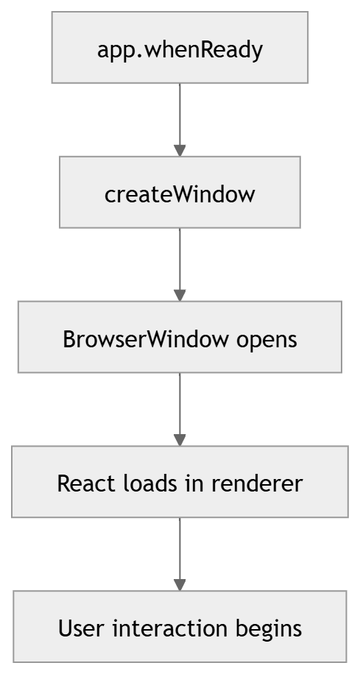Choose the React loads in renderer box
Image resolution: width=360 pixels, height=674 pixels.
tap(180, 483)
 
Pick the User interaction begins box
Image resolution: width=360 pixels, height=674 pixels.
tap(180, 628)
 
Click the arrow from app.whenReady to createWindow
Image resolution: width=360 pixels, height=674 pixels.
tap(180, 118)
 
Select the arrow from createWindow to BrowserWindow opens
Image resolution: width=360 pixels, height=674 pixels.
tap(180, 263)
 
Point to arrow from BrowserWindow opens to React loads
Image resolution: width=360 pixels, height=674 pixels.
tap(180, 408)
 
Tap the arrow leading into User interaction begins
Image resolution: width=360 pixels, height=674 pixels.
tap(180, 553)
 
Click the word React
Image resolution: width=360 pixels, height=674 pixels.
tap(78, 483)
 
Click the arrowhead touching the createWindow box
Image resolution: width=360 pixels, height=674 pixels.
tap(180, 149)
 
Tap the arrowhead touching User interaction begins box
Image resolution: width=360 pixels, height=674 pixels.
tap(180, 584)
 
